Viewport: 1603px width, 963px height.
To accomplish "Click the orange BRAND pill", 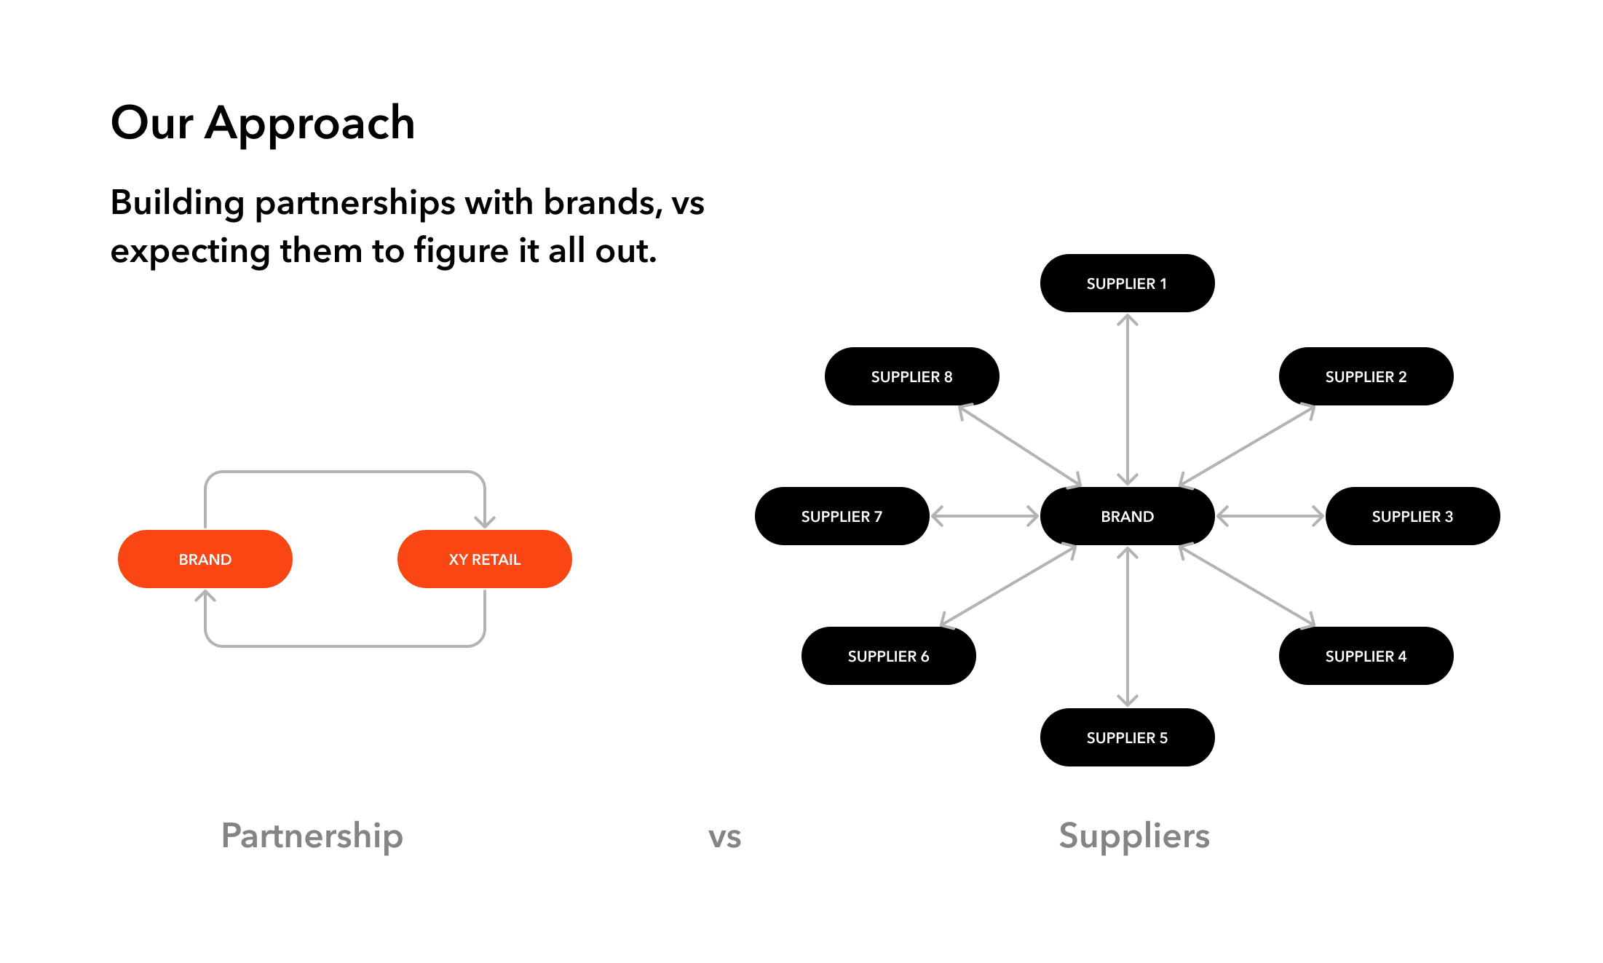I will coord(205,559).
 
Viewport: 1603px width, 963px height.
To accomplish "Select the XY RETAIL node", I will coord(484,559).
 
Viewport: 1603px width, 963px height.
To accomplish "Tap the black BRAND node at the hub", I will coord(1127,516).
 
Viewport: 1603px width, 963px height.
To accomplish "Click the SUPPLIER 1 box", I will coord(1127,283).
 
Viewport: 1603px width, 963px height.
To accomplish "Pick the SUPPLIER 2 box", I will coord(1366,376).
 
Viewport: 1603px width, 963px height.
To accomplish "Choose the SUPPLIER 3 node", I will coord(1412,516).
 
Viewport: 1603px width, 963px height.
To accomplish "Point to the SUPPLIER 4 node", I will coord(1366,656).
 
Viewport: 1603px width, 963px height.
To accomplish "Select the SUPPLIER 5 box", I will coord(1127,737).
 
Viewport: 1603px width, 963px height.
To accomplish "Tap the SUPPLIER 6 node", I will coord(888,656).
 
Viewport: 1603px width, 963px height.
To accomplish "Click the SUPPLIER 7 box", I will coord(842,516).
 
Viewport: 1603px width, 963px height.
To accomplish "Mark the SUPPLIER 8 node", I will coord(911,376).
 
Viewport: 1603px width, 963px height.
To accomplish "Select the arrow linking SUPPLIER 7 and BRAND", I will coord(985,516).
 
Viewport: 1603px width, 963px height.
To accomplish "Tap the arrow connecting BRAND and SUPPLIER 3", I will coord(1270,516).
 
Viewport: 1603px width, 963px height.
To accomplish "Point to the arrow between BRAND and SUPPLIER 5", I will coord(1128,626).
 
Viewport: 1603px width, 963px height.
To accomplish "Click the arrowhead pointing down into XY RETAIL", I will coord(485,520).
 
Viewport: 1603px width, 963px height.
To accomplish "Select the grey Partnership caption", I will coord(312,836).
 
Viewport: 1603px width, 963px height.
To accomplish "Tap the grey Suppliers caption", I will coord(1134,836).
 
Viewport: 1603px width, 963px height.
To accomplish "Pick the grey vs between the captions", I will coord(724,837).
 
